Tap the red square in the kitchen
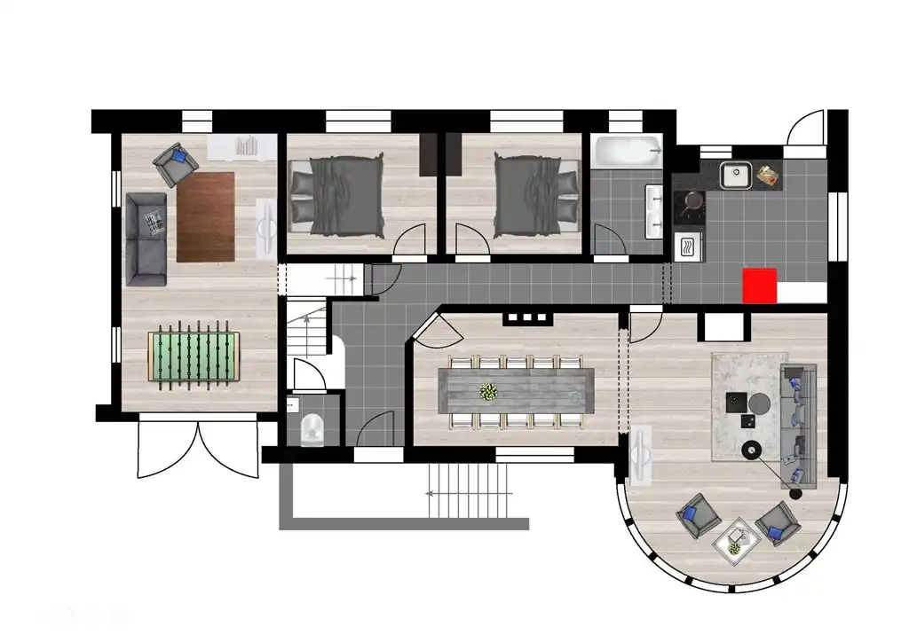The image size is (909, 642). [759, 286]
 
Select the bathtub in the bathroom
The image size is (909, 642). [628, 151]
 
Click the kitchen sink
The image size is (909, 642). [736, 176]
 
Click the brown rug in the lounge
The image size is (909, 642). [206, 216]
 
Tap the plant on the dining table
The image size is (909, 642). [487, 391]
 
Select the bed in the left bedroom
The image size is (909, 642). [336, 195]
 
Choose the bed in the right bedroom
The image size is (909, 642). [527, 195]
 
